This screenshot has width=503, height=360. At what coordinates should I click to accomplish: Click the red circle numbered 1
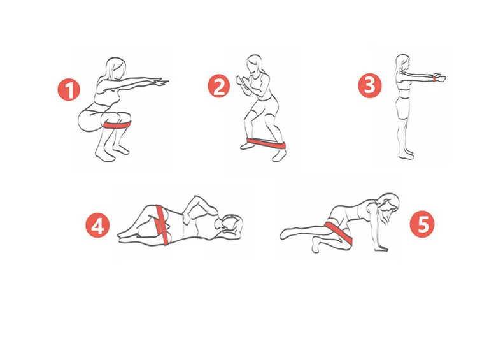point(69,90)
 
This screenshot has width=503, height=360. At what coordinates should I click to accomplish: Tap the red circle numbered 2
point(219,86)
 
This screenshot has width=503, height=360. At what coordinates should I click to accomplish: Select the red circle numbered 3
point(370,86)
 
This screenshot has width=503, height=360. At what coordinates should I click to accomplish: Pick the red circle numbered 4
point(97,226)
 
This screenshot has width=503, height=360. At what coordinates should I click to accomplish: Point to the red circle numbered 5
point(422,226)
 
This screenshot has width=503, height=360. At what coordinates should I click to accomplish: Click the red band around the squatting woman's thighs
point(117,125)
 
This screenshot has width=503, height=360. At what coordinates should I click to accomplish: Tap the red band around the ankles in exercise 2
point(266,143)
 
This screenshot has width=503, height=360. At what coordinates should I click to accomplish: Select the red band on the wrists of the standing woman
point(434,78)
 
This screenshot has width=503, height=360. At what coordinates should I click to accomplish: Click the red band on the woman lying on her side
point(162,224)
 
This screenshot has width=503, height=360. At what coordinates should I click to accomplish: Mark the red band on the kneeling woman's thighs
point(339,232)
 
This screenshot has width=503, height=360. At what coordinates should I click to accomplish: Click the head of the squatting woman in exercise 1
point(115,68)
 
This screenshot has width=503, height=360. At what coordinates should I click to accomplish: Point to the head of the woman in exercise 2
point(254,64)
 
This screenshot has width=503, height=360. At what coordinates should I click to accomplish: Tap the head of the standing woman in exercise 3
point(403,62)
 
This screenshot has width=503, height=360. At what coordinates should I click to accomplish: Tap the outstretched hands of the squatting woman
point(160,82)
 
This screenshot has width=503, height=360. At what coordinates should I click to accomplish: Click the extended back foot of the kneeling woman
point(288,233)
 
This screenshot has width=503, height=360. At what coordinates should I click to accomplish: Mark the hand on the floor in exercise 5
point(381,248)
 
